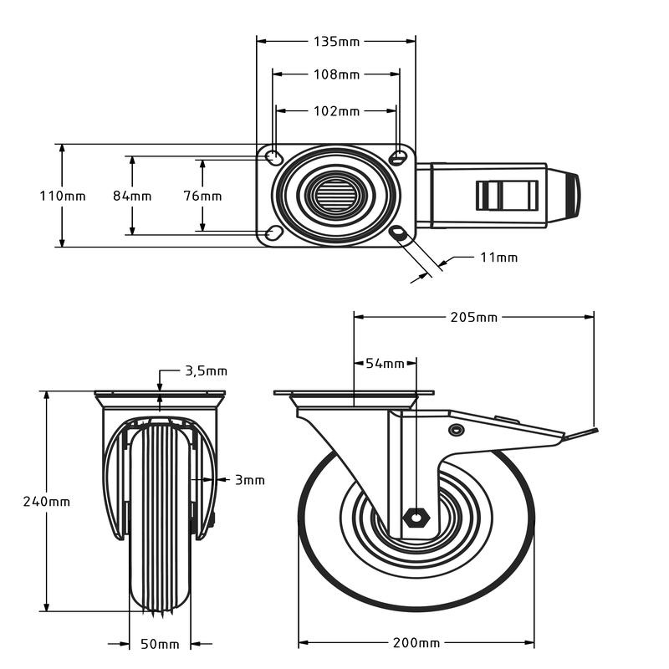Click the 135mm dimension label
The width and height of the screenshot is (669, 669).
pyautogui.click(x=336, y=40)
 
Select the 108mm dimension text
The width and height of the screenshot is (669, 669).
pyautogui.click(x=336, y=74)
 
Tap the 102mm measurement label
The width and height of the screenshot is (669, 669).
pyautogui.click(x=336, y=110)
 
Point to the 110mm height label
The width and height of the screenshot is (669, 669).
pyautogui.click(x=63, y=196)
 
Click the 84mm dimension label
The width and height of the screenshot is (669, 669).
pyautogui.click(x=132, y=196)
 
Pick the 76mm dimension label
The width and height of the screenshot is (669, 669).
pyautogui.click(x=202, y=196)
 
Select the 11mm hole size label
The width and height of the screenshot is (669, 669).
pyautogui.click(x=498, y=258)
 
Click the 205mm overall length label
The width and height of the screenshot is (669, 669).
pyautogui.click(x=474, y=317)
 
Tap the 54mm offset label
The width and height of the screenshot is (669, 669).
pyautogui.click(x=385, y=364)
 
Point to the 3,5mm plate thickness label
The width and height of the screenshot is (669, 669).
pyautogui.click(x=206, y=370)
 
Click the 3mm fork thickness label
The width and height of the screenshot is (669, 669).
pyautogui.click(x=249, y=480)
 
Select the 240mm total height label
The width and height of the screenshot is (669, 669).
pyautogui.click(x=47, y=502)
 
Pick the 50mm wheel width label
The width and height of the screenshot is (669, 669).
pyautogui.click(x=159, y=644)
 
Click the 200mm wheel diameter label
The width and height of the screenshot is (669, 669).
pyautogui.click(x=416, y=643)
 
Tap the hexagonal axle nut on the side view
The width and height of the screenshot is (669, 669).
pyautogui.click(x=415, y=517)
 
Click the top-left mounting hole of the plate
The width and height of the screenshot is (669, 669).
pyautogui.click(x=273, y=156)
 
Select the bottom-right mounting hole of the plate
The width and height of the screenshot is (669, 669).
pyautogui.click(x=398, y=232)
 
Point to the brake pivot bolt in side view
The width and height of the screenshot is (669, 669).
pyautogui.click(x=456, y=430)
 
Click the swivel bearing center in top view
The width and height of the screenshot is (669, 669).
pyautogui.click(x=336, y=196)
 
